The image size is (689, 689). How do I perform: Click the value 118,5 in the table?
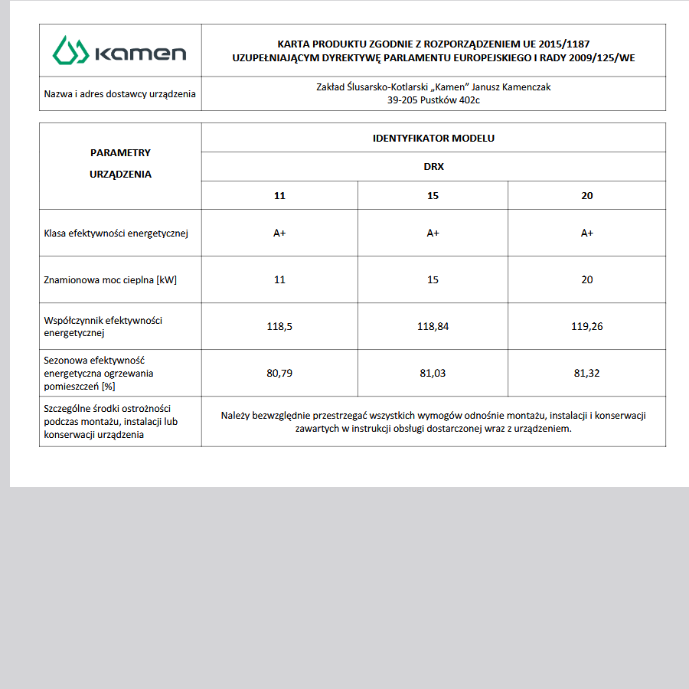coord(279,326)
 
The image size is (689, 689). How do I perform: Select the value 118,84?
coord(433,326)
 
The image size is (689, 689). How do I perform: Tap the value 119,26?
coord(586,326)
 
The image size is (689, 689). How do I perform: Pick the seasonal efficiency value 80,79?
coord(279,373)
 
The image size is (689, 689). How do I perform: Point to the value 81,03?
coord(433,373)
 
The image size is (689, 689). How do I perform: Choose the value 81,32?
coord(586,373)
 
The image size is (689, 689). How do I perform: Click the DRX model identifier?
coord(433,166)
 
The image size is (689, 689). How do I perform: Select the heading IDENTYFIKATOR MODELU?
coord(433,138)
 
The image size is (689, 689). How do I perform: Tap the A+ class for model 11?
coord(279,233)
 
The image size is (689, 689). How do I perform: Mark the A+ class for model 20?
coord(586,233)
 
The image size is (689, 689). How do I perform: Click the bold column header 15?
coord(433,195)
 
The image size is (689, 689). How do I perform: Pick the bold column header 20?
coord(586,195)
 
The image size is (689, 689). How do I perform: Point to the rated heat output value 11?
coord(279,279)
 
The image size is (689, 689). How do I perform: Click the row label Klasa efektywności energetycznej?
coord(116,233)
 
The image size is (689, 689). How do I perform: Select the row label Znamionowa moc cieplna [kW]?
coord(110,279)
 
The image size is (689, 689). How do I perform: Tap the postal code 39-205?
coord(403,100)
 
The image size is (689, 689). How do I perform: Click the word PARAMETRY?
coord(120,152)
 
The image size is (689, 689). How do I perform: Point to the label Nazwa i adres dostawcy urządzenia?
coord(119,94)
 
